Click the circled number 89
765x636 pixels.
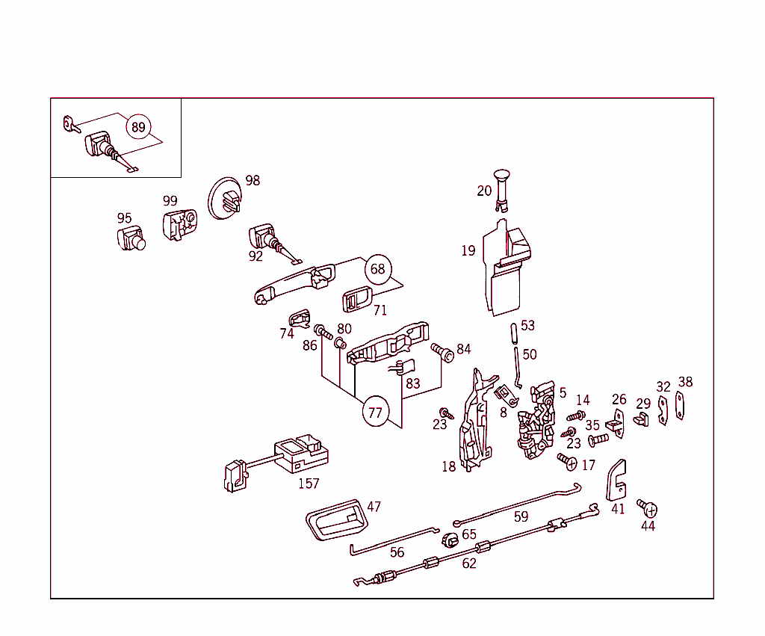click(x=138, y=127)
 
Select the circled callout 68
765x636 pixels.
click(x=378, y=268)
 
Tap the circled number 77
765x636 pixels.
click(x=376, y=411)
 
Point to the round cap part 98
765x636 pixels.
click(x=224, y=199)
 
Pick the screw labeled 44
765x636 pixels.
click(x=648, y=509)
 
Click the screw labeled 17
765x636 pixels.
click(x=569, y=462)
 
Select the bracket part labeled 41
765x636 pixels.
click(x=616, y=481)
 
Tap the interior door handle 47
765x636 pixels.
click(x=337, y=519)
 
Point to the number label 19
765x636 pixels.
click(x=468, y=251)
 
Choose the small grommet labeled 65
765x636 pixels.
click(x=449, y=540)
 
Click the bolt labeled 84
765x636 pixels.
click(x=443, y=352)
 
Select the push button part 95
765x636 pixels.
click(x=130, y=239)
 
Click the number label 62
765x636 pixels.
click(x=468, y=564)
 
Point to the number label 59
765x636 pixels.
click(x=521, y=516)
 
